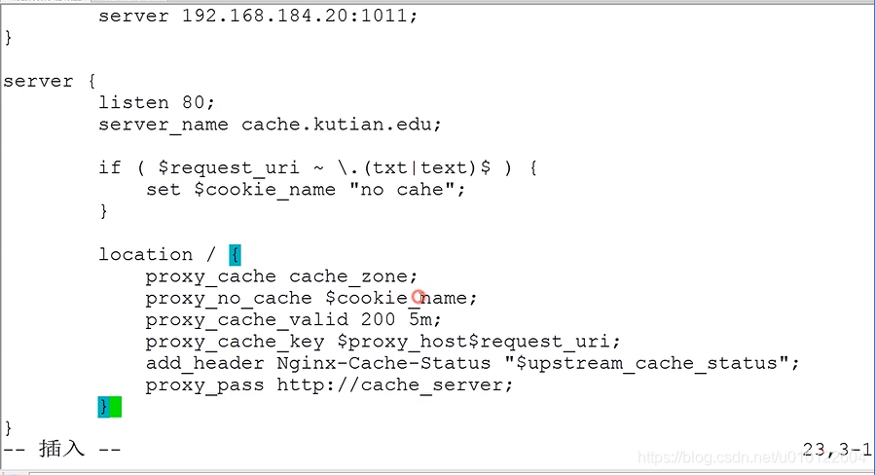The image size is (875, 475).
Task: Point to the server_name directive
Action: coord(163,125)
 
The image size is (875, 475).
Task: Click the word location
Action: coord(145,254)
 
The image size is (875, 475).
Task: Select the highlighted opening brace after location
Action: coord(235,255)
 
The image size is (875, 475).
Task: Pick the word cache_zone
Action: coord(353,276)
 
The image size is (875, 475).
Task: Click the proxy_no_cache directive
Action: coord(229,298)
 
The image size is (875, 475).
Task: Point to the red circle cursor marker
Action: coord(419,297)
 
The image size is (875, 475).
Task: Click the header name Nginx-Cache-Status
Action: coord(383,363)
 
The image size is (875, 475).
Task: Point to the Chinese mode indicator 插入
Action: coord(62,449)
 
